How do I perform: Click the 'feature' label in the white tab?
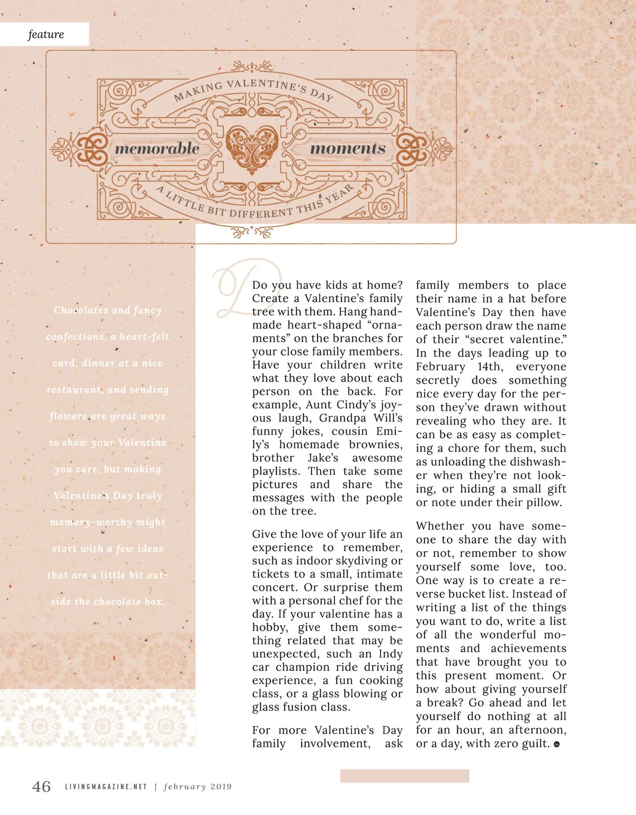[46, 34]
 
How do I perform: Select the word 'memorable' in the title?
[157, 148]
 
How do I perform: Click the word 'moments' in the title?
[348, 148]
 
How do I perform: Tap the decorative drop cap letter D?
[242, 286]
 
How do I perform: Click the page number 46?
[41, 786]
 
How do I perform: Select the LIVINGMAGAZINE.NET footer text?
[105, 787]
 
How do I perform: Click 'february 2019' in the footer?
[198, 787]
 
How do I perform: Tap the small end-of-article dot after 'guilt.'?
[556, 745]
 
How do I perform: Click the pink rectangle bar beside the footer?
[404, 776]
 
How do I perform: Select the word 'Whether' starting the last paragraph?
[440, 526]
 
